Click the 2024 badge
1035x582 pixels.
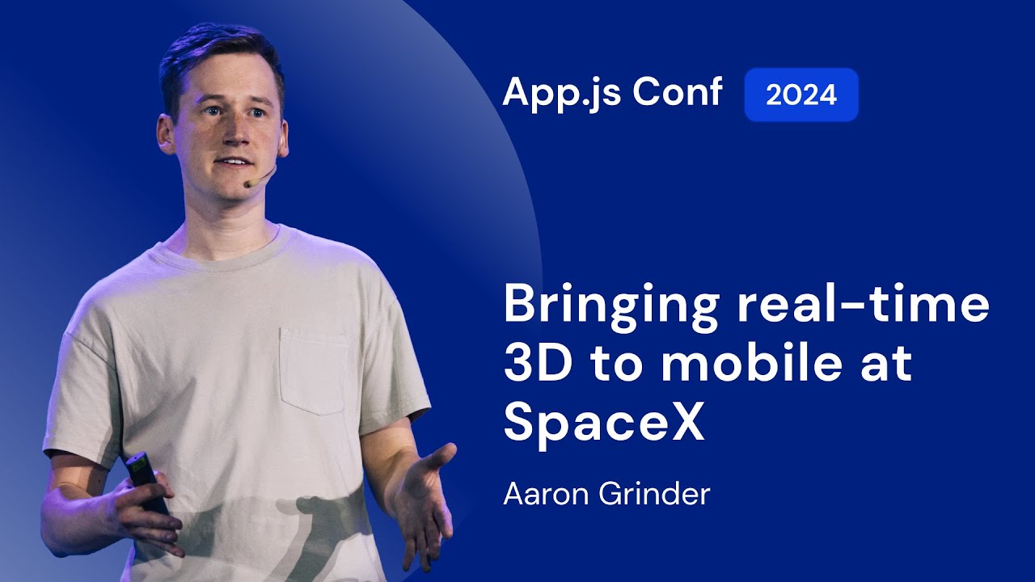click(x=801, y=95)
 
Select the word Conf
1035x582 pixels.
click(x=677, y=92)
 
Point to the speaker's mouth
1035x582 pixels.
click(x=234, y=162)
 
